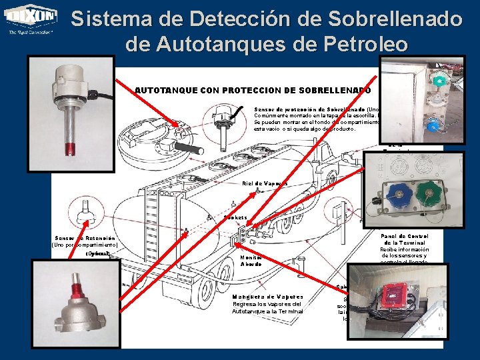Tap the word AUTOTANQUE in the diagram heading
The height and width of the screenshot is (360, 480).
click(x=160, y=90)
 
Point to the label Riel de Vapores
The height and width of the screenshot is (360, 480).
click(x=265, y=183)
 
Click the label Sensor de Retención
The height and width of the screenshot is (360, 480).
click(x=85, y=238)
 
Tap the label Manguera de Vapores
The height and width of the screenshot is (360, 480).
click(x=268, y=297)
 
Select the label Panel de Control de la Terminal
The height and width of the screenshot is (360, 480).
click(x=405, y=241)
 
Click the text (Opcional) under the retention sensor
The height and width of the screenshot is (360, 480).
click(x=99, y=254)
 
